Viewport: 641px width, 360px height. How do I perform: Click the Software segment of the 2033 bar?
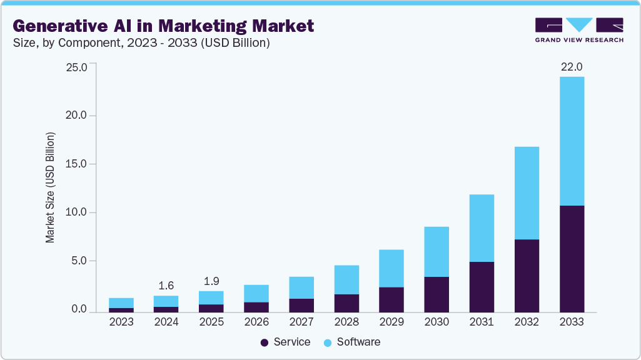(572, 141)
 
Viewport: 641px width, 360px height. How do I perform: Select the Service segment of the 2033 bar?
(572, 258)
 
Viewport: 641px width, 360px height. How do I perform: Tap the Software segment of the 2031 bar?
(482, 227)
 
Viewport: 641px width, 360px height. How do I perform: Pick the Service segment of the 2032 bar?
(527, 275)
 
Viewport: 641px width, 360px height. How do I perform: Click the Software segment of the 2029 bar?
(391, 268)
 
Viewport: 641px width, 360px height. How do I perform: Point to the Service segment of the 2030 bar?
(437, 294)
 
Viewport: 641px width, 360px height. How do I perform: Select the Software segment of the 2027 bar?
(301, 287)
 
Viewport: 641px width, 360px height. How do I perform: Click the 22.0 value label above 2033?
(572, 67)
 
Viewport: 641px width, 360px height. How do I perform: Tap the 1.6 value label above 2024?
(166, 286)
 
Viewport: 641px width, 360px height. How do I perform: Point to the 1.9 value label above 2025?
(211, 281)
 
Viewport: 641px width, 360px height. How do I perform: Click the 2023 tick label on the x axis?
(121, 322)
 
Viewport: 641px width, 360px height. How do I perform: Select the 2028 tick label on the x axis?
(346, 322)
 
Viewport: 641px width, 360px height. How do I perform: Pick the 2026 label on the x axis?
(256, 322)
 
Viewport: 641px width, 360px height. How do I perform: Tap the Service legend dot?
(264, 342)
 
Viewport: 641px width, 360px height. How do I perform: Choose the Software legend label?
(358, 342)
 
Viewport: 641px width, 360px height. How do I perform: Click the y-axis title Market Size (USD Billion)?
(50, 187)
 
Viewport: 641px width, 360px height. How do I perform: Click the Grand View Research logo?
(579, 30)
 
